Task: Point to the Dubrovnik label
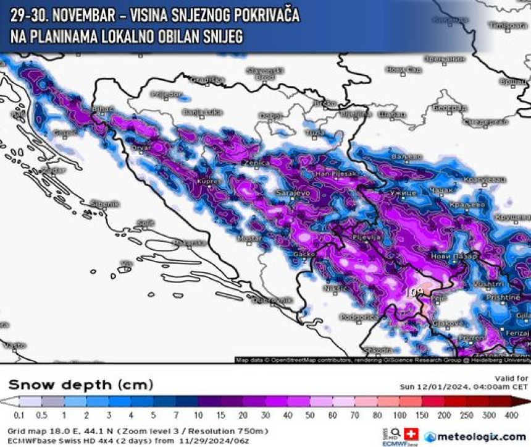click(272, 300)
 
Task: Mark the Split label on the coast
click(146, 223)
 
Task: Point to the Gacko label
click(306, 254)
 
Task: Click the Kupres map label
click(207, 182)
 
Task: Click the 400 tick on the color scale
click(511, 415)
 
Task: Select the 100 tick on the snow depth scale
click(400, 415)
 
